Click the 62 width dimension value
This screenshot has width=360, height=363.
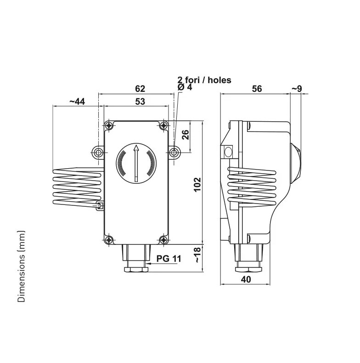click(x=140, y=89)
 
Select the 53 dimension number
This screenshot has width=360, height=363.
click(x=140, y=102)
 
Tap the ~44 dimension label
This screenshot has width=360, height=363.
click(x=77, y=102)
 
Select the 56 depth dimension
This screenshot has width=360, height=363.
click(x=257, y=89)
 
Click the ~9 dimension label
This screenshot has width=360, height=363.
click(x=296, y=89)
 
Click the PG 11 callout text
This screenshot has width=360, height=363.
click(x=169, y=259)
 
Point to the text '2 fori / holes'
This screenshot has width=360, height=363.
click(x=204, y=80)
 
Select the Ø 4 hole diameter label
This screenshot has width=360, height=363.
click(x=185, y=88)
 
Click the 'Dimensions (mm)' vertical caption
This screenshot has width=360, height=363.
click(x=21, y=266)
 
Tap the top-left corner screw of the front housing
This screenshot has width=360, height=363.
click(x=109, y=125)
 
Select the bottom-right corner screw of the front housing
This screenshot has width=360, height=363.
click(x=164, y=239)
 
